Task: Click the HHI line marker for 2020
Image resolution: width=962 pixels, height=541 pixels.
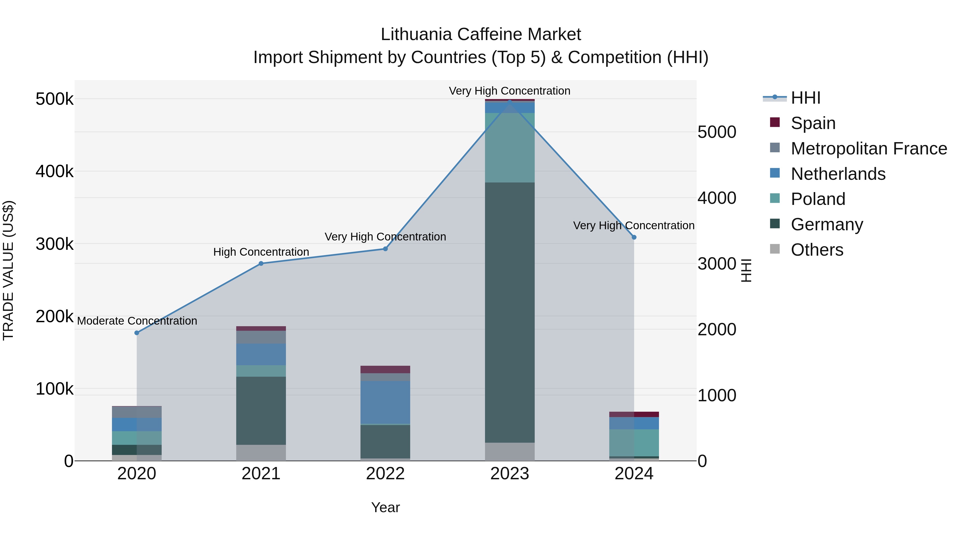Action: click(x=137, y=333)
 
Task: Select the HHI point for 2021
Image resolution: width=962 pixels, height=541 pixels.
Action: click(x=261, y=264)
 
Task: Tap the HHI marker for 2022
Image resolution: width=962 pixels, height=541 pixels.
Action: click(x=385, y=249)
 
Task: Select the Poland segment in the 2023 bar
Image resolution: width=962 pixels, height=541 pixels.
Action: click(x=510, y=147)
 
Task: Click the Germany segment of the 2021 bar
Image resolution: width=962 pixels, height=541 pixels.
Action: click(x=261, y=410)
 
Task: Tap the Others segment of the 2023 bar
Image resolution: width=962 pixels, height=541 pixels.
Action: click(x=510, y=452)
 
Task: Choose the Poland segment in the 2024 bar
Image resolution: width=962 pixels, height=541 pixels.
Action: click(x=634, y=442)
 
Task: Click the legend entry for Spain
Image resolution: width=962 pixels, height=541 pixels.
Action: click(x=813, y=123)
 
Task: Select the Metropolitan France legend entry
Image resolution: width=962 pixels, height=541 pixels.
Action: click(x=869, y=149)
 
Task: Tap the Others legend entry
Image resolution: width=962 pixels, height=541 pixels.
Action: click(x=817, y=250)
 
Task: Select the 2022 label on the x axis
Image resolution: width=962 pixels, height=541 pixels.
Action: click(x=385, y=474)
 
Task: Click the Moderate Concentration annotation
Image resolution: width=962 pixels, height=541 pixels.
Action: click(x=137, y=321)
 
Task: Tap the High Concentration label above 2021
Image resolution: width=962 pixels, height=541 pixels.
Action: click(x=261, y=252)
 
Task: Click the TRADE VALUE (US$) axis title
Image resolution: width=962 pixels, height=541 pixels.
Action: click(x=9, y=270)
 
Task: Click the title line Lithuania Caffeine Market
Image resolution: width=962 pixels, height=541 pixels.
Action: click(x=481, y=34)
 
